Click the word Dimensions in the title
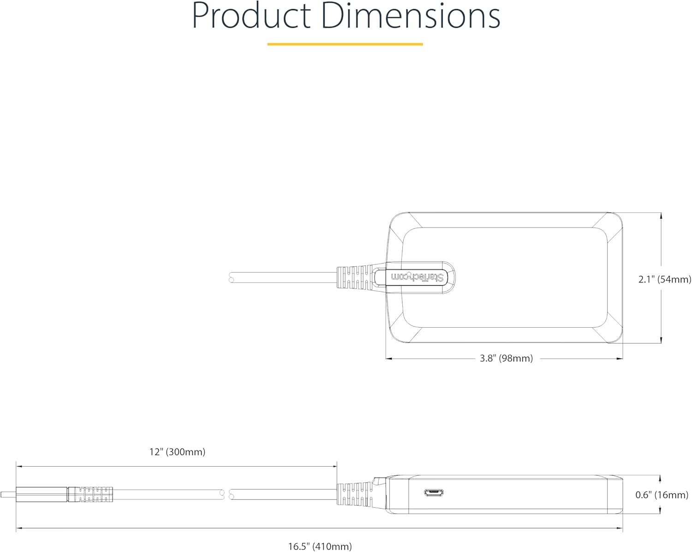tap(411, 17)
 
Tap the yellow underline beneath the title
tap(345, 44)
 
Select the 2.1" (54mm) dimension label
tap(665, 279)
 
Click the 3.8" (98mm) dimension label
tap(506, 358)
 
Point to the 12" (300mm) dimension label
tap(177, 452)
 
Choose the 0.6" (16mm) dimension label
tap(662, 495)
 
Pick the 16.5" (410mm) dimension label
tap(320, 546)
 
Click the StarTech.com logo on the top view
tap(417, 277)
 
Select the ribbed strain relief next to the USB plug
tap(90, 494)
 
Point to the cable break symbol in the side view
tap(227, 495)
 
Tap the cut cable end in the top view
tap(232, 277)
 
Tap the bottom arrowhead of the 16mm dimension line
tap(661, 510)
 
